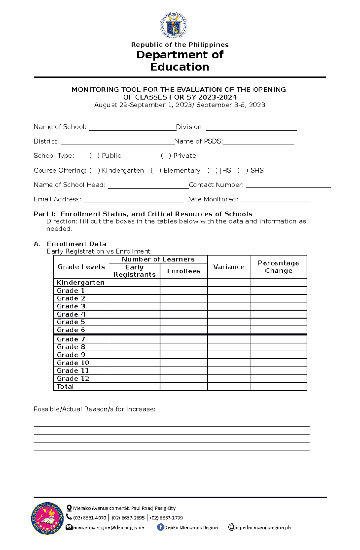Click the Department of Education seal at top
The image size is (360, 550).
pos(173,25)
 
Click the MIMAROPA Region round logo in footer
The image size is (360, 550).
pos(47,518)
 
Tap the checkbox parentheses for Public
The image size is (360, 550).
pos(94,156)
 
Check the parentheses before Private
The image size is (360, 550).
pos(166,156)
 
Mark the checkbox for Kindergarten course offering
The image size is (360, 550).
pos(94,171)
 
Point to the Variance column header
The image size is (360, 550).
pos(229,267)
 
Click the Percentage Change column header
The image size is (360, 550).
pos(278,267)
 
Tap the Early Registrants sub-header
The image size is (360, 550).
pos(134,271)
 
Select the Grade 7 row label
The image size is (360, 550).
pos(71,339)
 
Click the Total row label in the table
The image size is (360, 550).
pos(65,386)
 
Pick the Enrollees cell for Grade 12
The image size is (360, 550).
pos(184,379)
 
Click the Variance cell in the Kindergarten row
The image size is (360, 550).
pos(229,282)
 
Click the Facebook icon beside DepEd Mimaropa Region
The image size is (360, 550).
pos(160,527)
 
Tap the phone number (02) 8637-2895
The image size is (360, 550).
pos(128,518)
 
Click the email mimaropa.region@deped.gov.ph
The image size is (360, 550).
pos(109,528)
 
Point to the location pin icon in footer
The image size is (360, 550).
pos(69,508)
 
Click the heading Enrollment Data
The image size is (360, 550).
pos(76,244)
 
